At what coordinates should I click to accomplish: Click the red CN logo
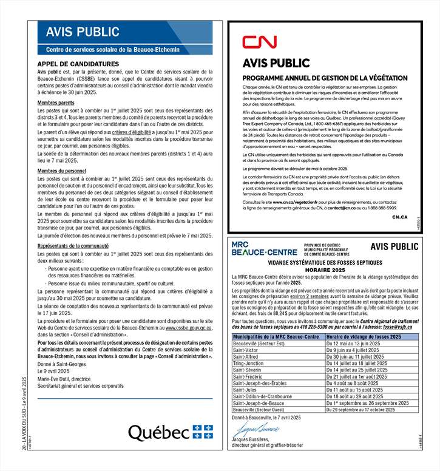tap(259, 42)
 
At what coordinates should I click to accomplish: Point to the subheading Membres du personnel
tap(62, 171)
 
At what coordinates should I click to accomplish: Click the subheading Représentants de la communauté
tap(73, 246)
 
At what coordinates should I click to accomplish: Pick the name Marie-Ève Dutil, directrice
tap(64, 379)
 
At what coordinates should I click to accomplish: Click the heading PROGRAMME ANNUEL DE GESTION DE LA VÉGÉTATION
tap(320, 78)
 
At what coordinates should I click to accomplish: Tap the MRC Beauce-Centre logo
tap(264, 248)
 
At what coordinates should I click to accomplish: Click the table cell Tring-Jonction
tap(249, 364)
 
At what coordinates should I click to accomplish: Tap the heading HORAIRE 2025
tap(325, 268)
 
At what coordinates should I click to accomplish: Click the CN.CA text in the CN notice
tap(399, 216)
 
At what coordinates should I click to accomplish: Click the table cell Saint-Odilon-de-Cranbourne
tap(262, 396)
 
